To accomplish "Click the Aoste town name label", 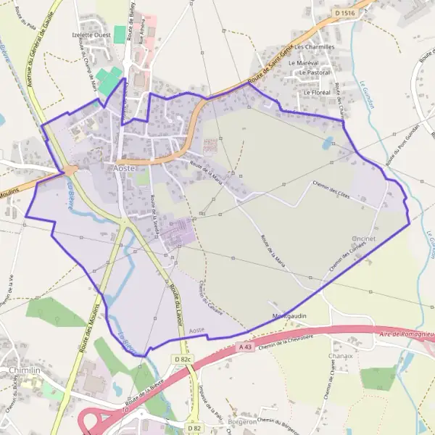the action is coord(125,167).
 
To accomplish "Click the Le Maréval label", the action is coord(304,63).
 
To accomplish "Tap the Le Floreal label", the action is coord(317,92).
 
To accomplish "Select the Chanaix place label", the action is coord(340,356).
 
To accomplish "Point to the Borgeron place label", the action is coord(242,421).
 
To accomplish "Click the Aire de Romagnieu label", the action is coord(407,334).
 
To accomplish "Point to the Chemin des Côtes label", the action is coord(333,191).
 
